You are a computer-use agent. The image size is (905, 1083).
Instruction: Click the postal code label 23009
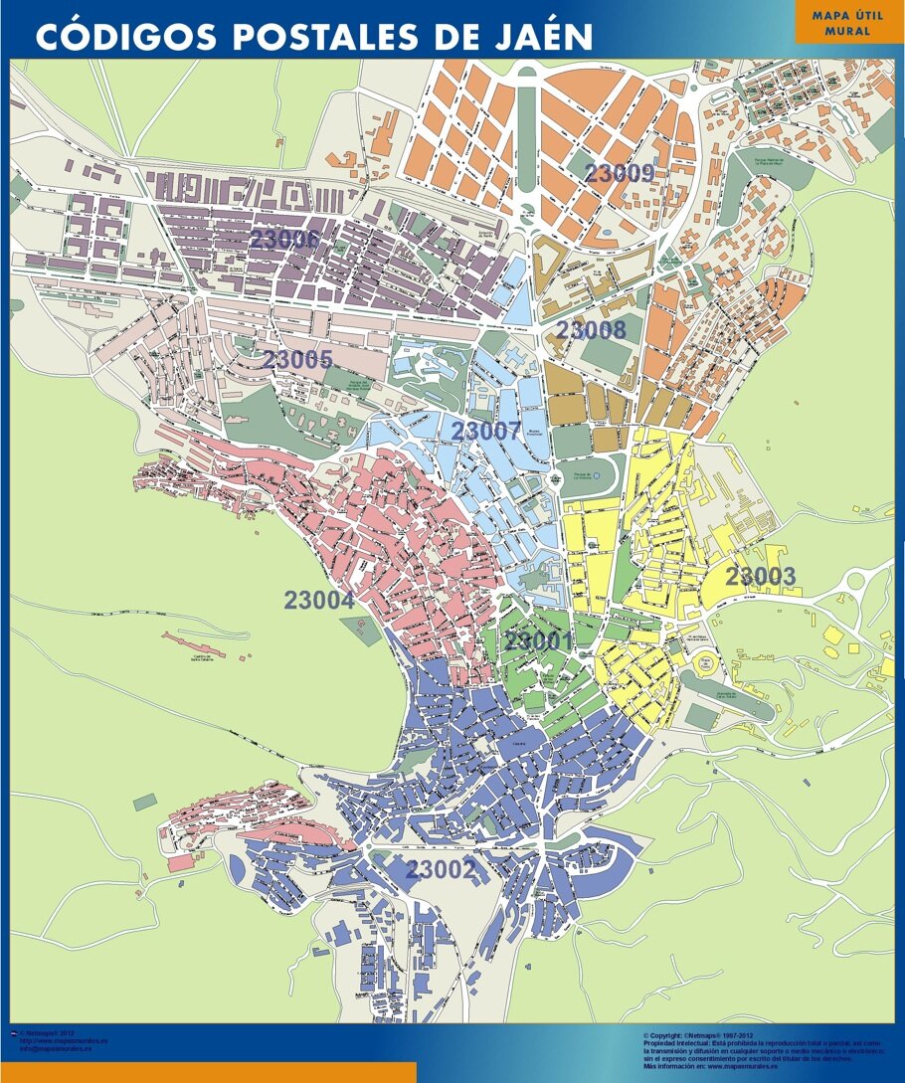pos(619,173)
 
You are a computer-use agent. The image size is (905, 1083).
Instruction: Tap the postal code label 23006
pos(284,240)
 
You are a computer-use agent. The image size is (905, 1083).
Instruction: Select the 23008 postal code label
pos(591,330)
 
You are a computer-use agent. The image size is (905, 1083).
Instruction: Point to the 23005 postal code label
pos(297,360)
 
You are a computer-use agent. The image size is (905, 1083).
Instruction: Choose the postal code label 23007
pos(486,432)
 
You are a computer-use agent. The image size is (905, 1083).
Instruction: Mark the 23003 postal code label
pos(761,577)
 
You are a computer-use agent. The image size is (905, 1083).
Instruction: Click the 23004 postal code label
pos(319,601)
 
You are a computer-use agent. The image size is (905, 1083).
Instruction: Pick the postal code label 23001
pos(538,641)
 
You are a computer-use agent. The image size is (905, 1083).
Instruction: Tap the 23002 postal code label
pos(441,870)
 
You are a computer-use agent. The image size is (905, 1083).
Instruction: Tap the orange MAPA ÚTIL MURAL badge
pos(848,23)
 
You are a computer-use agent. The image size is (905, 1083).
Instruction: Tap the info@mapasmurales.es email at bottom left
pos(56,1048)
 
